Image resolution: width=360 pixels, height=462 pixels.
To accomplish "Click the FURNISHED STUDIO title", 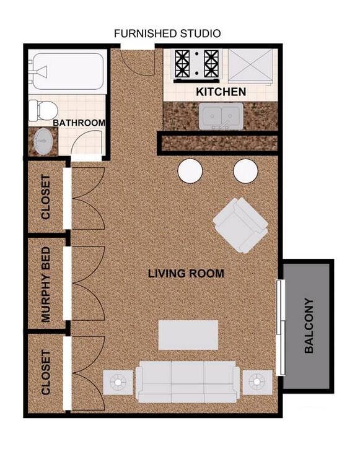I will coord(167,33).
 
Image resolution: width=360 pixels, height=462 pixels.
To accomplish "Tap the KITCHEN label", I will coord(221,92).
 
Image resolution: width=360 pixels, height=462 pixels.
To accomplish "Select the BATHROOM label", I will coord(79,123).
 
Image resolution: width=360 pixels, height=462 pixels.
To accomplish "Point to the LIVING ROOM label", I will coord(186,273).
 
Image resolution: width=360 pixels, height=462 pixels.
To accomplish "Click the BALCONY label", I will coord(309,326).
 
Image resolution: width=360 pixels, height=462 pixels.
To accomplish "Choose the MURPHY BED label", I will coord(46,285).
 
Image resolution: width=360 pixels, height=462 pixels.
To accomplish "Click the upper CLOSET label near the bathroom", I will coord(46,196).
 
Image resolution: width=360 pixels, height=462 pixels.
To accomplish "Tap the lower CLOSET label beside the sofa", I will coord(46,373).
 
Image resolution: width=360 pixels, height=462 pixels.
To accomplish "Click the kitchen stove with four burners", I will coord(197,64).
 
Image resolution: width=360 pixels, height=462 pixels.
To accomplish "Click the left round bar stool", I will coord(191,171).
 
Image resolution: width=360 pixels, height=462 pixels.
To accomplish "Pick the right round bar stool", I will coord(245,171).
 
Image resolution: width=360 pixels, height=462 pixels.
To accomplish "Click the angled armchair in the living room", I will coord(240,225).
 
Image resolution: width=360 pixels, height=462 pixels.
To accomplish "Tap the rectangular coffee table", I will coord(188,335).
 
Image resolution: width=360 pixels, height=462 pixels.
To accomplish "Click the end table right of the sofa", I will coord(257,382).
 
